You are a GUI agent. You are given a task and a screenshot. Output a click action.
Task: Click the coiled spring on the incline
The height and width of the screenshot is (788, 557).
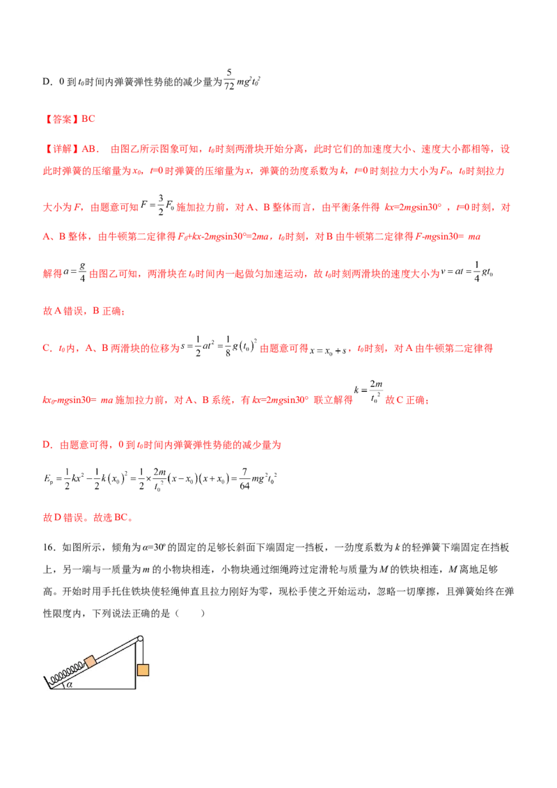point(64,671)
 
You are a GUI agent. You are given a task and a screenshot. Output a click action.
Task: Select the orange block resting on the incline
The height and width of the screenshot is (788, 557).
point(91,661)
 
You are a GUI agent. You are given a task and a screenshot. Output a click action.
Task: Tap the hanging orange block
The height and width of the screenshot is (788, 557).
point(143,670)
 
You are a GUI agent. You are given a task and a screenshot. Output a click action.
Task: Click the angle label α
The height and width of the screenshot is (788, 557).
point(70,684)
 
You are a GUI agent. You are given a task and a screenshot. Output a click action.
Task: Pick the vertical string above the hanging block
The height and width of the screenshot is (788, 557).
point(143,652)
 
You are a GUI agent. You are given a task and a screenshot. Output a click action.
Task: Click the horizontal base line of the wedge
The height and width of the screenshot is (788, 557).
point(97,688)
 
